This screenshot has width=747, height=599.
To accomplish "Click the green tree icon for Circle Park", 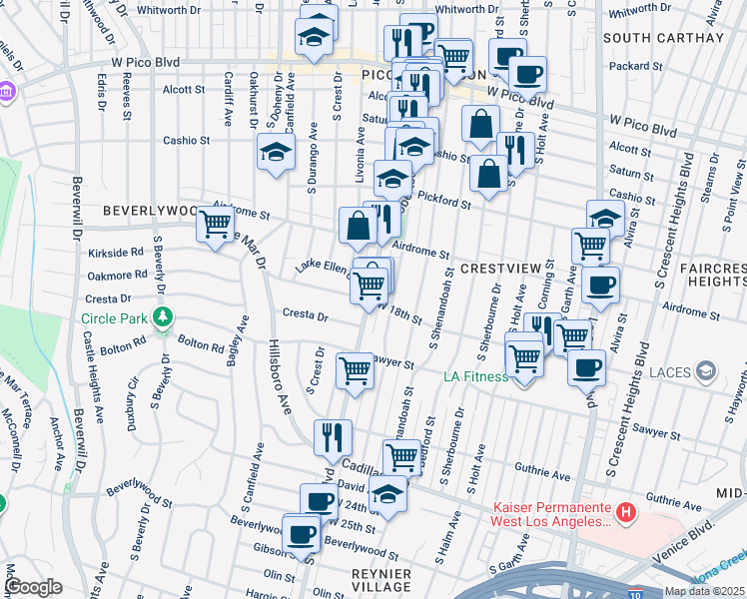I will tap(162, 319).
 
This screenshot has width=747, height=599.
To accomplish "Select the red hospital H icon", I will tap(626, 513).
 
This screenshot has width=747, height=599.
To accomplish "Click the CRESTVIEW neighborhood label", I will tap(498, 270).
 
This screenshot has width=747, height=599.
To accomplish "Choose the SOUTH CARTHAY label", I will tap(663, 38).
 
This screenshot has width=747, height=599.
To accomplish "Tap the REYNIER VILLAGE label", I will tap(381, 580).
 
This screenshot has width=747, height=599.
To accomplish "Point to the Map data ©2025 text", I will tap(704, 591).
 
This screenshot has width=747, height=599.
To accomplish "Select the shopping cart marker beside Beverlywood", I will tap(216, 225).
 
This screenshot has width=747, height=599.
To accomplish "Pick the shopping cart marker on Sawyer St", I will tap(357, 370).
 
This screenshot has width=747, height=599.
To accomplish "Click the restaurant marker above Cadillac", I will tap(333, 436).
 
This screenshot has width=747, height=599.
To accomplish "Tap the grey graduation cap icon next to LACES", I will tap(706, 373).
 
